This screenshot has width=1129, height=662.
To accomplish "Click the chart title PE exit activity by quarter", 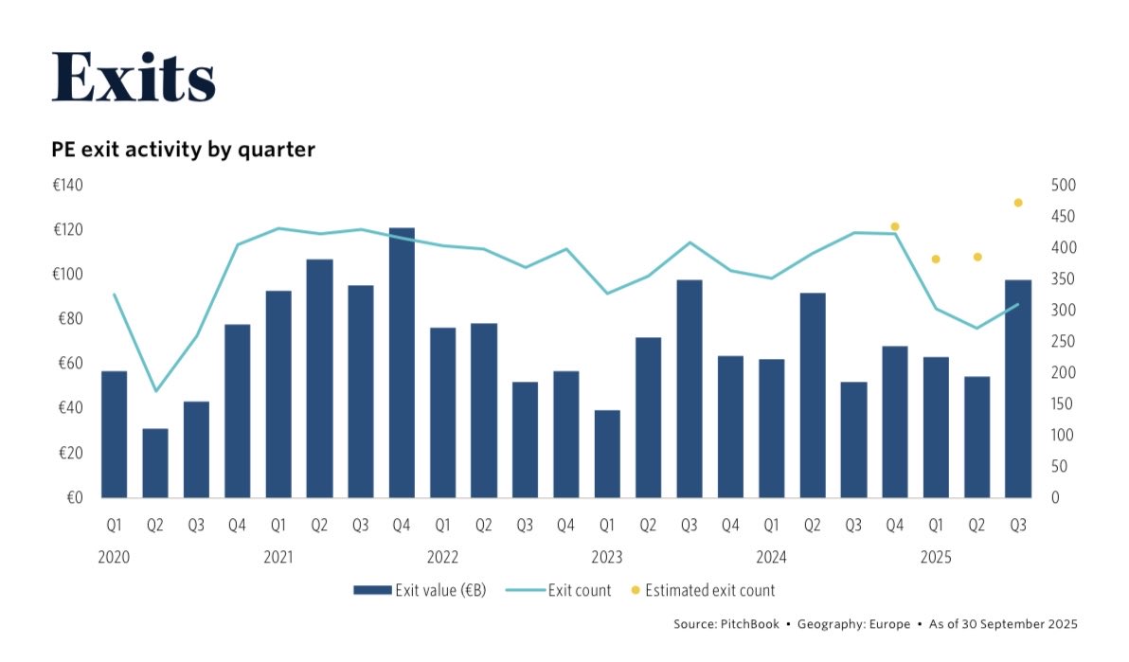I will click(x=183, y=150).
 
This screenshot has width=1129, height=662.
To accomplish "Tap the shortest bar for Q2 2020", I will click(x=155, y=463).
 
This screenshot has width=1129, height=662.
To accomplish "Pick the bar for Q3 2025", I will click(x=1018, y=388).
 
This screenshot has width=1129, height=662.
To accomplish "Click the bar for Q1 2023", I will click(x=606, y=454).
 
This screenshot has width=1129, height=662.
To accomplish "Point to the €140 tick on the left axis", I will click(x=67, y=186).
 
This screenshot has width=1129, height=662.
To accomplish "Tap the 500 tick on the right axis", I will click(x=1064, y=186).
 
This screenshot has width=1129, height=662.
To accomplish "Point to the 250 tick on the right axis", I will click(x=1064, y=342).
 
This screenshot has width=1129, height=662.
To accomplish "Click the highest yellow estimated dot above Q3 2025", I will click(x=1018, y=203).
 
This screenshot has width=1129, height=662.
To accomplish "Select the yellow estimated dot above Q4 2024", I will click(x=894, y=226).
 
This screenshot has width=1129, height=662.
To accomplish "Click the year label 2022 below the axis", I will click(x=442, y=558).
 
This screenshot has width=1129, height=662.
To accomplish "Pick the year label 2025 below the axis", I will click(x=936, y=558).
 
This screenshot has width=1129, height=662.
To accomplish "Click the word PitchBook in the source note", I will click(x=752, y=624).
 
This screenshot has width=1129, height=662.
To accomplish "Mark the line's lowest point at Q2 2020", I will click(x=155, y=391).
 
